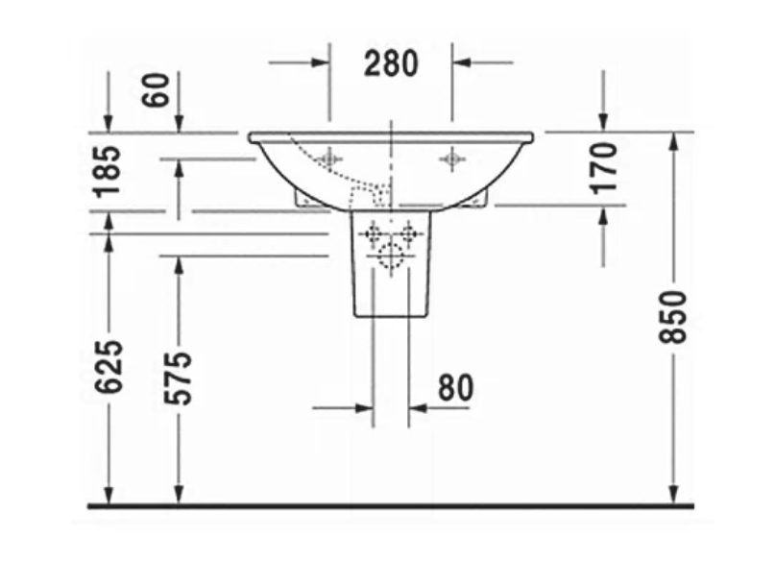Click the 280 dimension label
point(391,63)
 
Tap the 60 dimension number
point(156,89)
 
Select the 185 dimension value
point(109,171)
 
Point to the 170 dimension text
point(604,168)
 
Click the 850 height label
point(673,317)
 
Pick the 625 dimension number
point(109,367)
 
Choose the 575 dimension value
point(178,378)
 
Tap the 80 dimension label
point(456,387)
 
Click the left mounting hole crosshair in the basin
point(329,159)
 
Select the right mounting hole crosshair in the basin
point(451,159)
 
